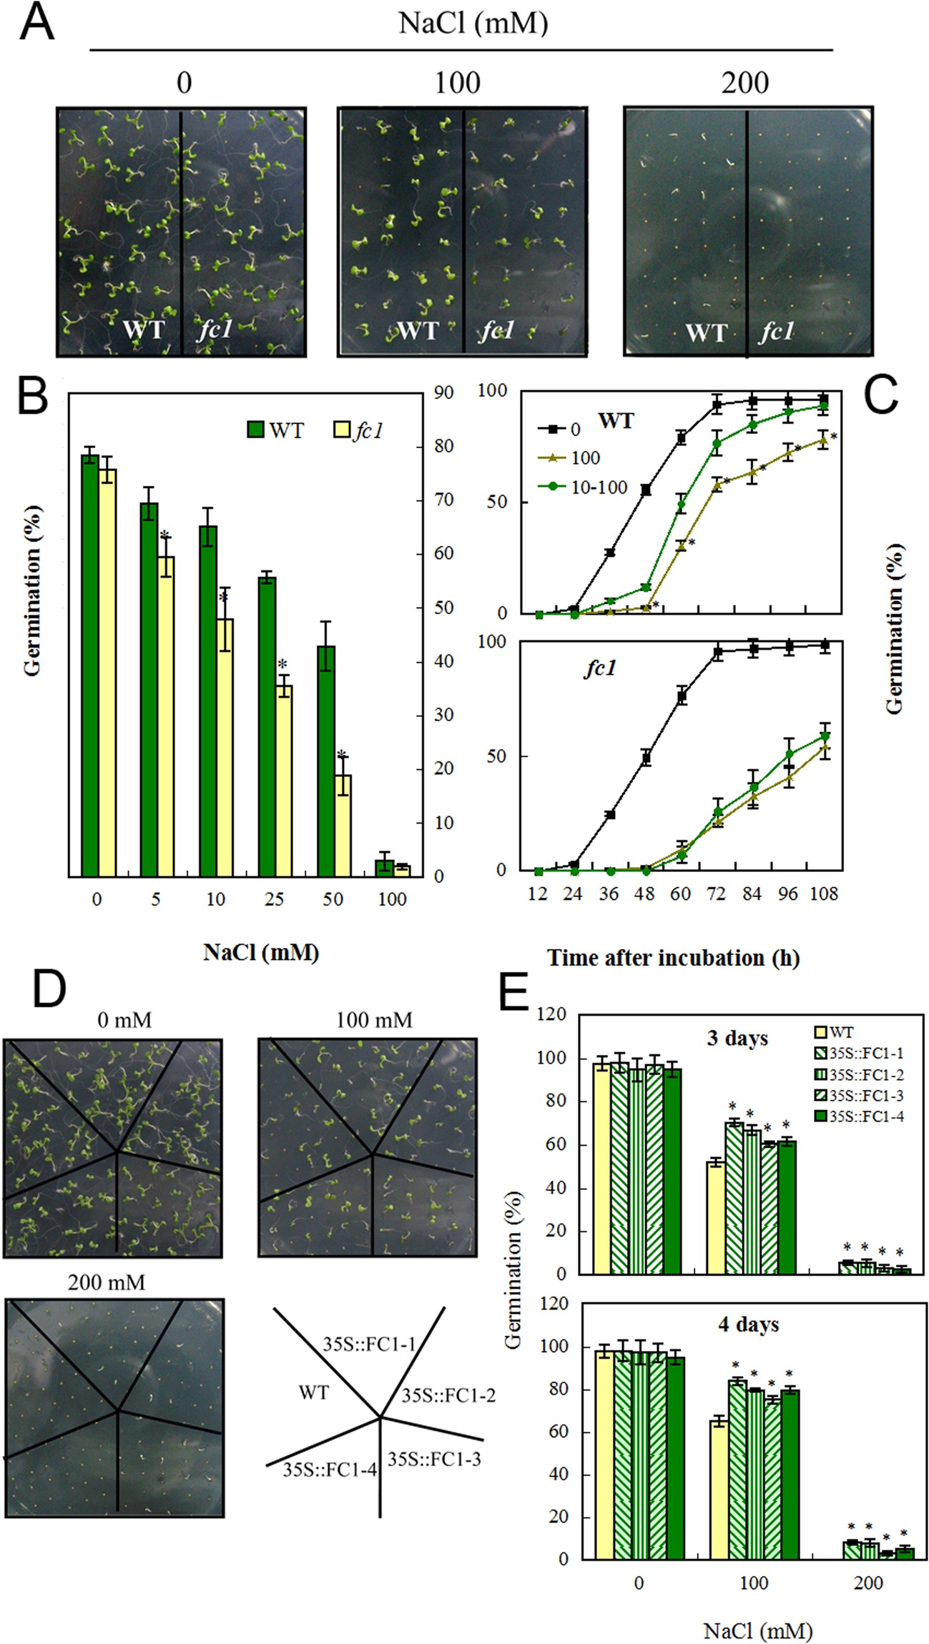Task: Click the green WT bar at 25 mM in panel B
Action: pyautogui.click(x=267, y=726)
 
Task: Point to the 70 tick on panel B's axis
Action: pyautogui.click(x=444, y=500)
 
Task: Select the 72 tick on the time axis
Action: pyautogui.click(x=716, y=893)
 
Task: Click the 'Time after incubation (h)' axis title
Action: pyautogui.click(x=673, y=958)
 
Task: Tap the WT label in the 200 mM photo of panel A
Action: pyautogui.click(x=705, y=333)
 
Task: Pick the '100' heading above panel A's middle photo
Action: pyautogui.click(x=458, y=84)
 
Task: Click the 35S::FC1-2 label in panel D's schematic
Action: pyautogui.click(x=448, y=1395)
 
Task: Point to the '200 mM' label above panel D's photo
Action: pyautogui.click(x=106, y=1282)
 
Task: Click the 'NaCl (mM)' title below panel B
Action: pyautogui.click(x=261, y=952)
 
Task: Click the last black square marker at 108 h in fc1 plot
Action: pyautogui.click(x=825, y=645)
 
